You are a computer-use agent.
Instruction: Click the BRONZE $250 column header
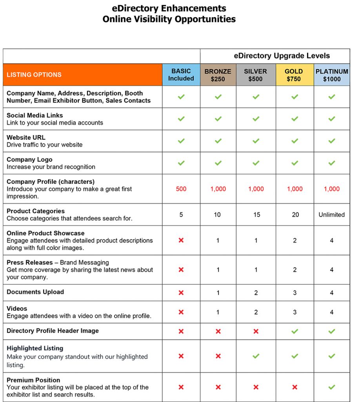click(218, 75)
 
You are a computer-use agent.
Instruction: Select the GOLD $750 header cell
click(295, 75)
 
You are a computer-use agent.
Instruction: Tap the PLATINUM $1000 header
click(332, 75)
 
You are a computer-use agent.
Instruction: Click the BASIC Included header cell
click(181, 75)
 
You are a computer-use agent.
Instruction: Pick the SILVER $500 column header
click(256, 75)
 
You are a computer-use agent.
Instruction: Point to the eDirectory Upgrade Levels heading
click(282, 56)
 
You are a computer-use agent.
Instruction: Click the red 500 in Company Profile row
click(181, 189)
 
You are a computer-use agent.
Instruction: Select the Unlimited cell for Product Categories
click(332, 215)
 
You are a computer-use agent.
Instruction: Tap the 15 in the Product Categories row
click(256, 215)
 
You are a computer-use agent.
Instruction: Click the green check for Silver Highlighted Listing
click(256, 356)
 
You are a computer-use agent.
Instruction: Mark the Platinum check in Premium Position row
click(332, 387)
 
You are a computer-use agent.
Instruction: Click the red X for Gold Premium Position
click(295, 387)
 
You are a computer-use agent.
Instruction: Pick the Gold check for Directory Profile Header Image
click(295, 331)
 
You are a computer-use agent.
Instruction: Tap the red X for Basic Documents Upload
click(181, 292)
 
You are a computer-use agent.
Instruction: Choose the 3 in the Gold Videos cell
click(295, 312)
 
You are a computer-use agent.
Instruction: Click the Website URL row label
click(26, 137)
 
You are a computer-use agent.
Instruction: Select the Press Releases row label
click(30, 262)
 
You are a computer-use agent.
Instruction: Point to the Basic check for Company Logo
click(181, 163)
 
